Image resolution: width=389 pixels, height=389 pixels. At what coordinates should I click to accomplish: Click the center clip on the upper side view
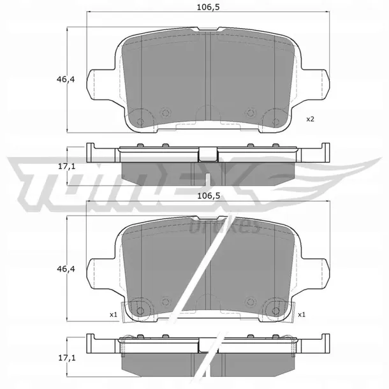click(x=208, y=154)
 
